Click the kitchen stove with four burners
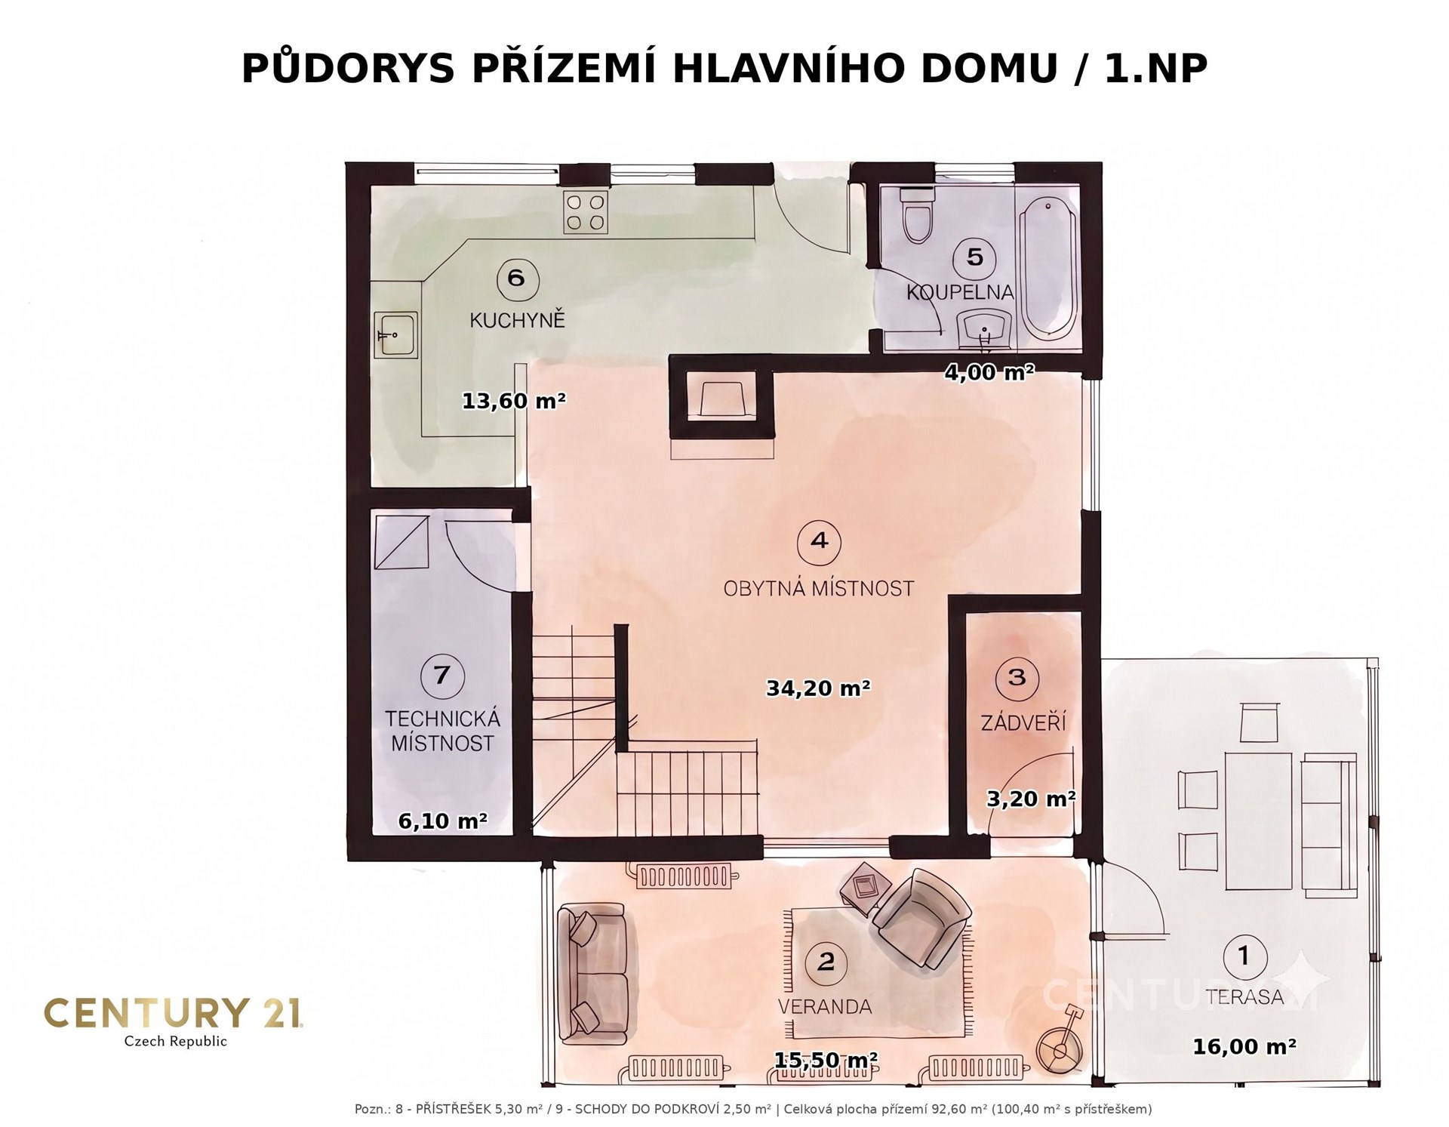pyautogui.click(x=586, y=211)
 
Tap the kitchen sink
pyautogui.click(x=395, y=334)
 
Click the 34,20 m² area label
pyautogui.click(x=819, y=688)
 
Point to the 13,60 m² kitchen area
pyautogui.click(x=514, y=400)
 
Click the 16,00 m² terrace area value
pyautogui.click(x=1244, y=1046)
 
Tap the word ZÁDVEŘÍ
pyautogui.click(x=1023, y=722)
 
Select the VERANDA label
pyautogui.click(x=825, y=1006)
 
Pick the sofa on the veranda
pyautogui.click(x=592, y=975)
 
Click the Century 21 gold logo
pyautogui.click(x=174, y=1021)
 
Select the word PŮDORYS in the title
pyautogui.click(x=348, y=69)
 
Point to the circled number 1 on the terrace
pyautogui.click(x=1244, y=956)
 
